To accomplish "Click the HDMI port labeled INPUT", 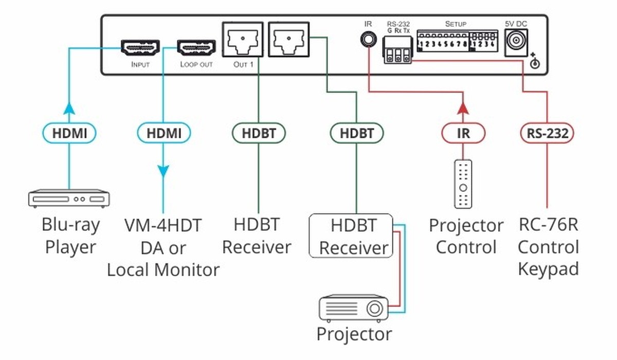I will click(140, 48).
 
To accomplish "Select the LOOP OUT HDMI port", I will click(196, 48).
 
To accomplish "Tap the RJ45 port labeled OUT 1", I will click(243, 39).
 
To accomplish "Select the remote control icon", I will click(463, 184).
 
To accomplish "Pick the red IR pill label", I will click(463, 134).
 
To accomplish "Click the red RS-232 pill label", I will click(547, 134).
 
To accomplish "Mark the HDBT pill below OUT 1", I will click(258, 134).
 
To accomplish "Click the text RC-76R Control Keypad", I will click(548, 247).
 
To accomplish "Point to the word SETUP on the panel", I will click(456, 24).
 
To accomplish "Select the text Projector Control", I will click(466, 236).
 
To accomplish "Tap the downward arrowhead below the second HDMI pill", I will click(164, 171).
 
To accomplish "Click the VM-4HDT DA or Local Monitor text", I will click(164, 247).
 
